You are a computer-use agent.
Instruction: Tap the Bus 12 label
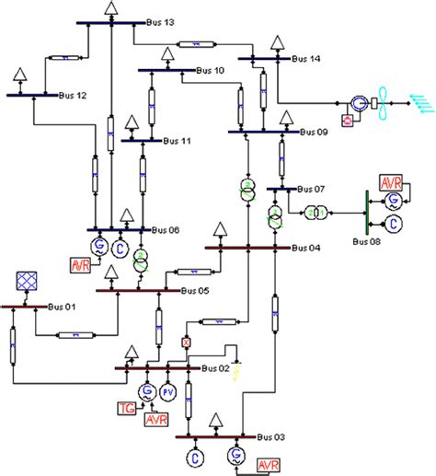[74, 95]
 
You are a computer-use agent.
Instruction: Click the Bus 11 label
[178, 141]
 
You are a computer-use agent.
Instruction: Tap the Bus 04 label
[307, 247]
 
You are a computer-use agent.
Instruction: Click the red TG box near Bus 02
[127, 408]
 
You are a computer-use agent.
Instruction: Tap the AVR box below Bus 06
[82, 265]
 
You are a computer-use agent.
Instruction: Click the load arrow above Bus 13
[110, 8]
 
